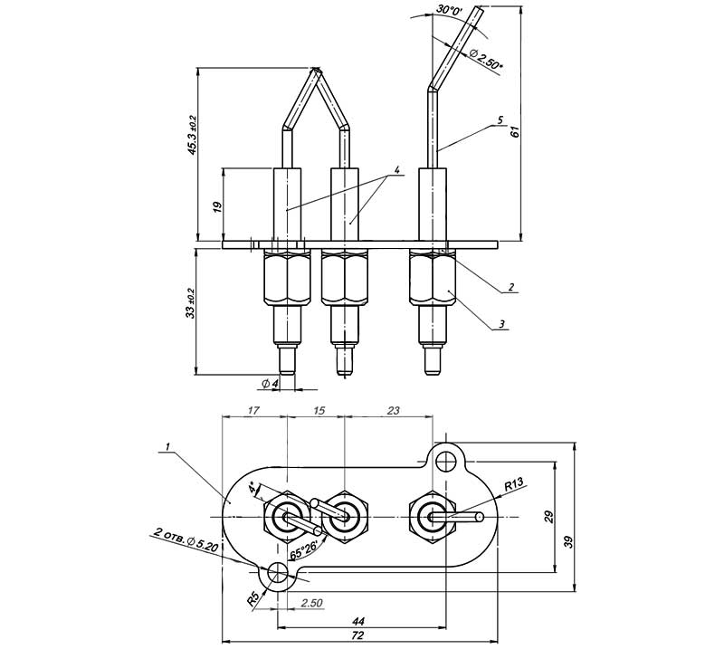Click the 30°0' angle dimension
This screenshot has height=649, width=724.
click(449, 10)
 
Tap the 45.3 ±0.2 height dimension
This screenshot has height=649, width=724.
click(193, 135)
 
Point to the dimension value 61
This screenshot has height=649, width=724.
click(515, 131)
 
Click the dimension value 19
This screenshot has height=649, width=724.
click(218, 205)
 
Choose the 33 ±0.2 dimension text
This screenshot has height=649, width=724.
click(191, 304)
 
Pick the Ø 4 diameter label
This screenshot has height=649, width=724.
click(270, 384)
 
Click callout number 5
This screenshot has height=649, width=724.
click(500, 120)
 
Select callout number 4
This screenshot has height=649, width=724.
click(396, 170)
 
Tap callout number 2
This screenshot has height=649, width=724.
click(511, 286)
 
